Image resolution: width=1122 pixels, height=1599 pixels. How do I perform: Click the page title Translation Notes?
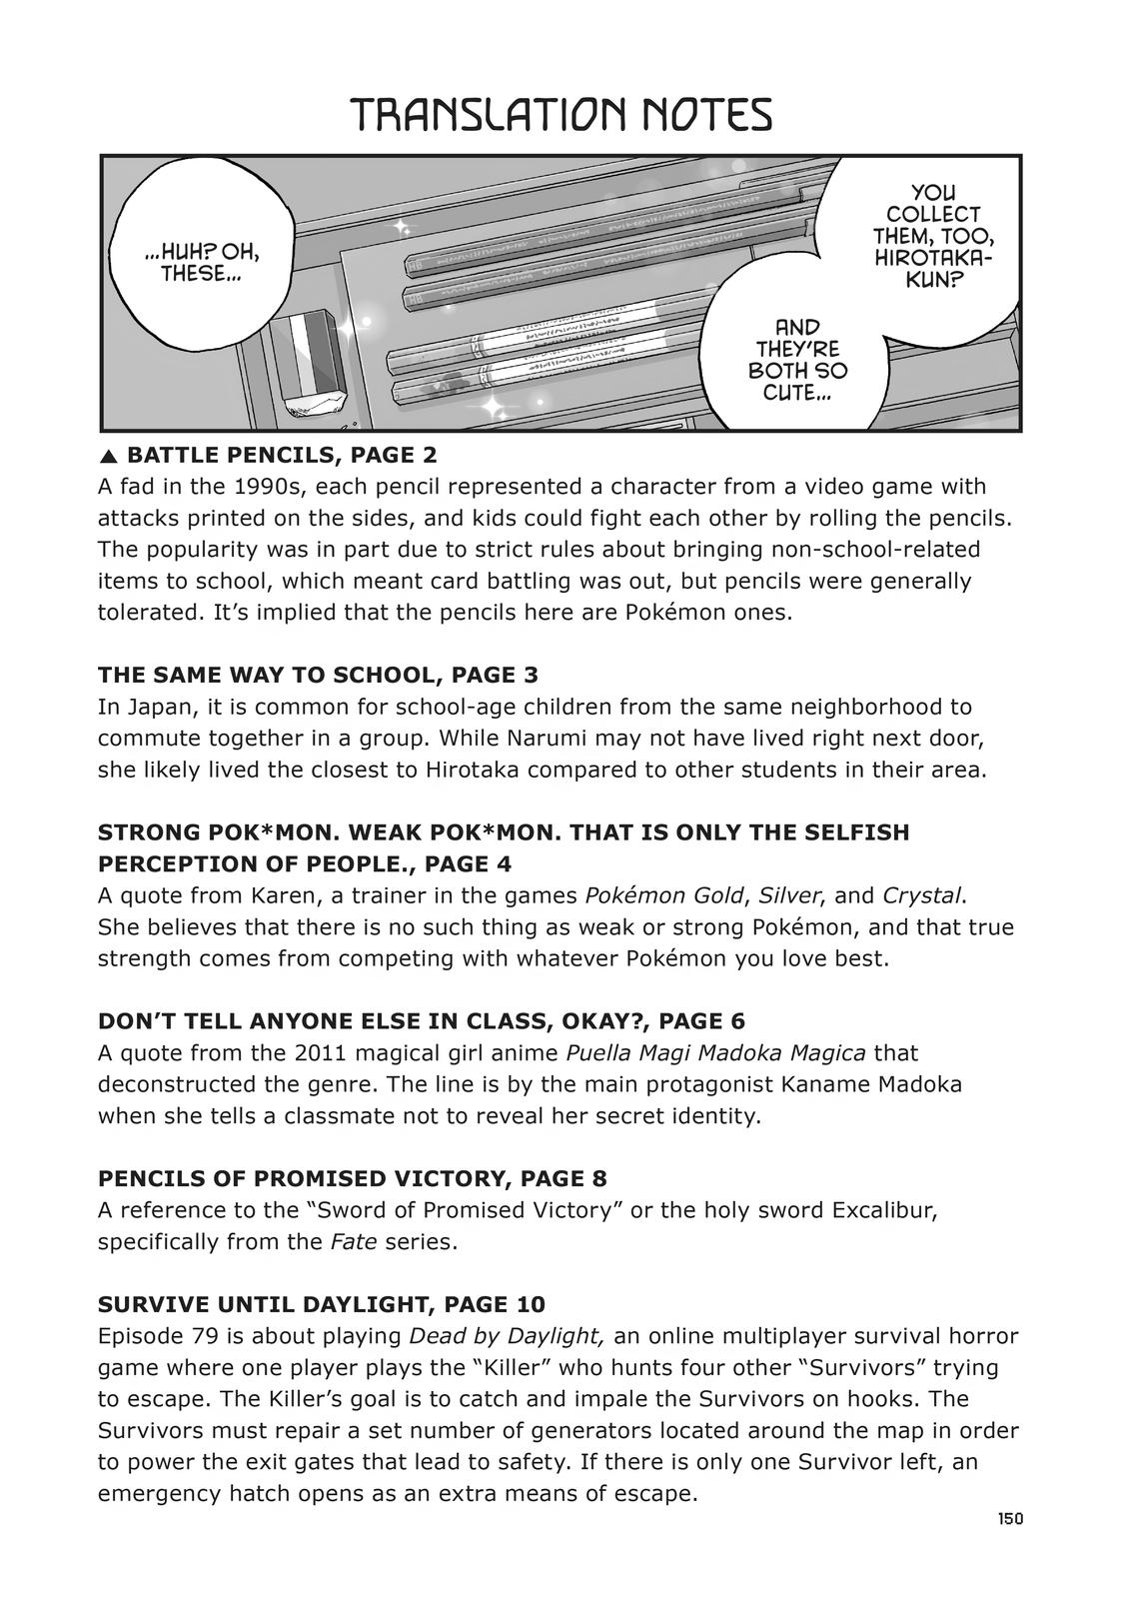(561, 116)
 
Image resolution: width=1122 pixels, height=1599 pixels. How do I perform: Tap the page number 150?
(1009, 1518)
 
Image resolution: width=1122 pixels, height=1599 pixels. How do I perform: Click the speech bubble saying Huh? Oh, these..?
(209, 261)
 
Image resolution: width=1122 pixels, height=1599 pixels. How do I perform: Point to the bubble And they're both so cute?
(795, 361)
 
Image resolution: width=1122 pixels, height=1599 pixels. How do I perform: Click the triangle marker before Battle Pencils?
(109, 457)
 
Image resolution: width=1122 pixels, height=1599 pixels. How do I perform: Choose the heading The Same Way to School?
(318, 675)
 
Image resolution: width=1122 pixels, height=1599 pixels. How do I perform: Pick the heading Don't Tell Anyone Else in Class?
(421, 1021)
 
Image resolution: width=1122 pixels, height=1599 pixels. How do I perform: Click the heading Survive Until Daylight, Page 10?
(321, 1304)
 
